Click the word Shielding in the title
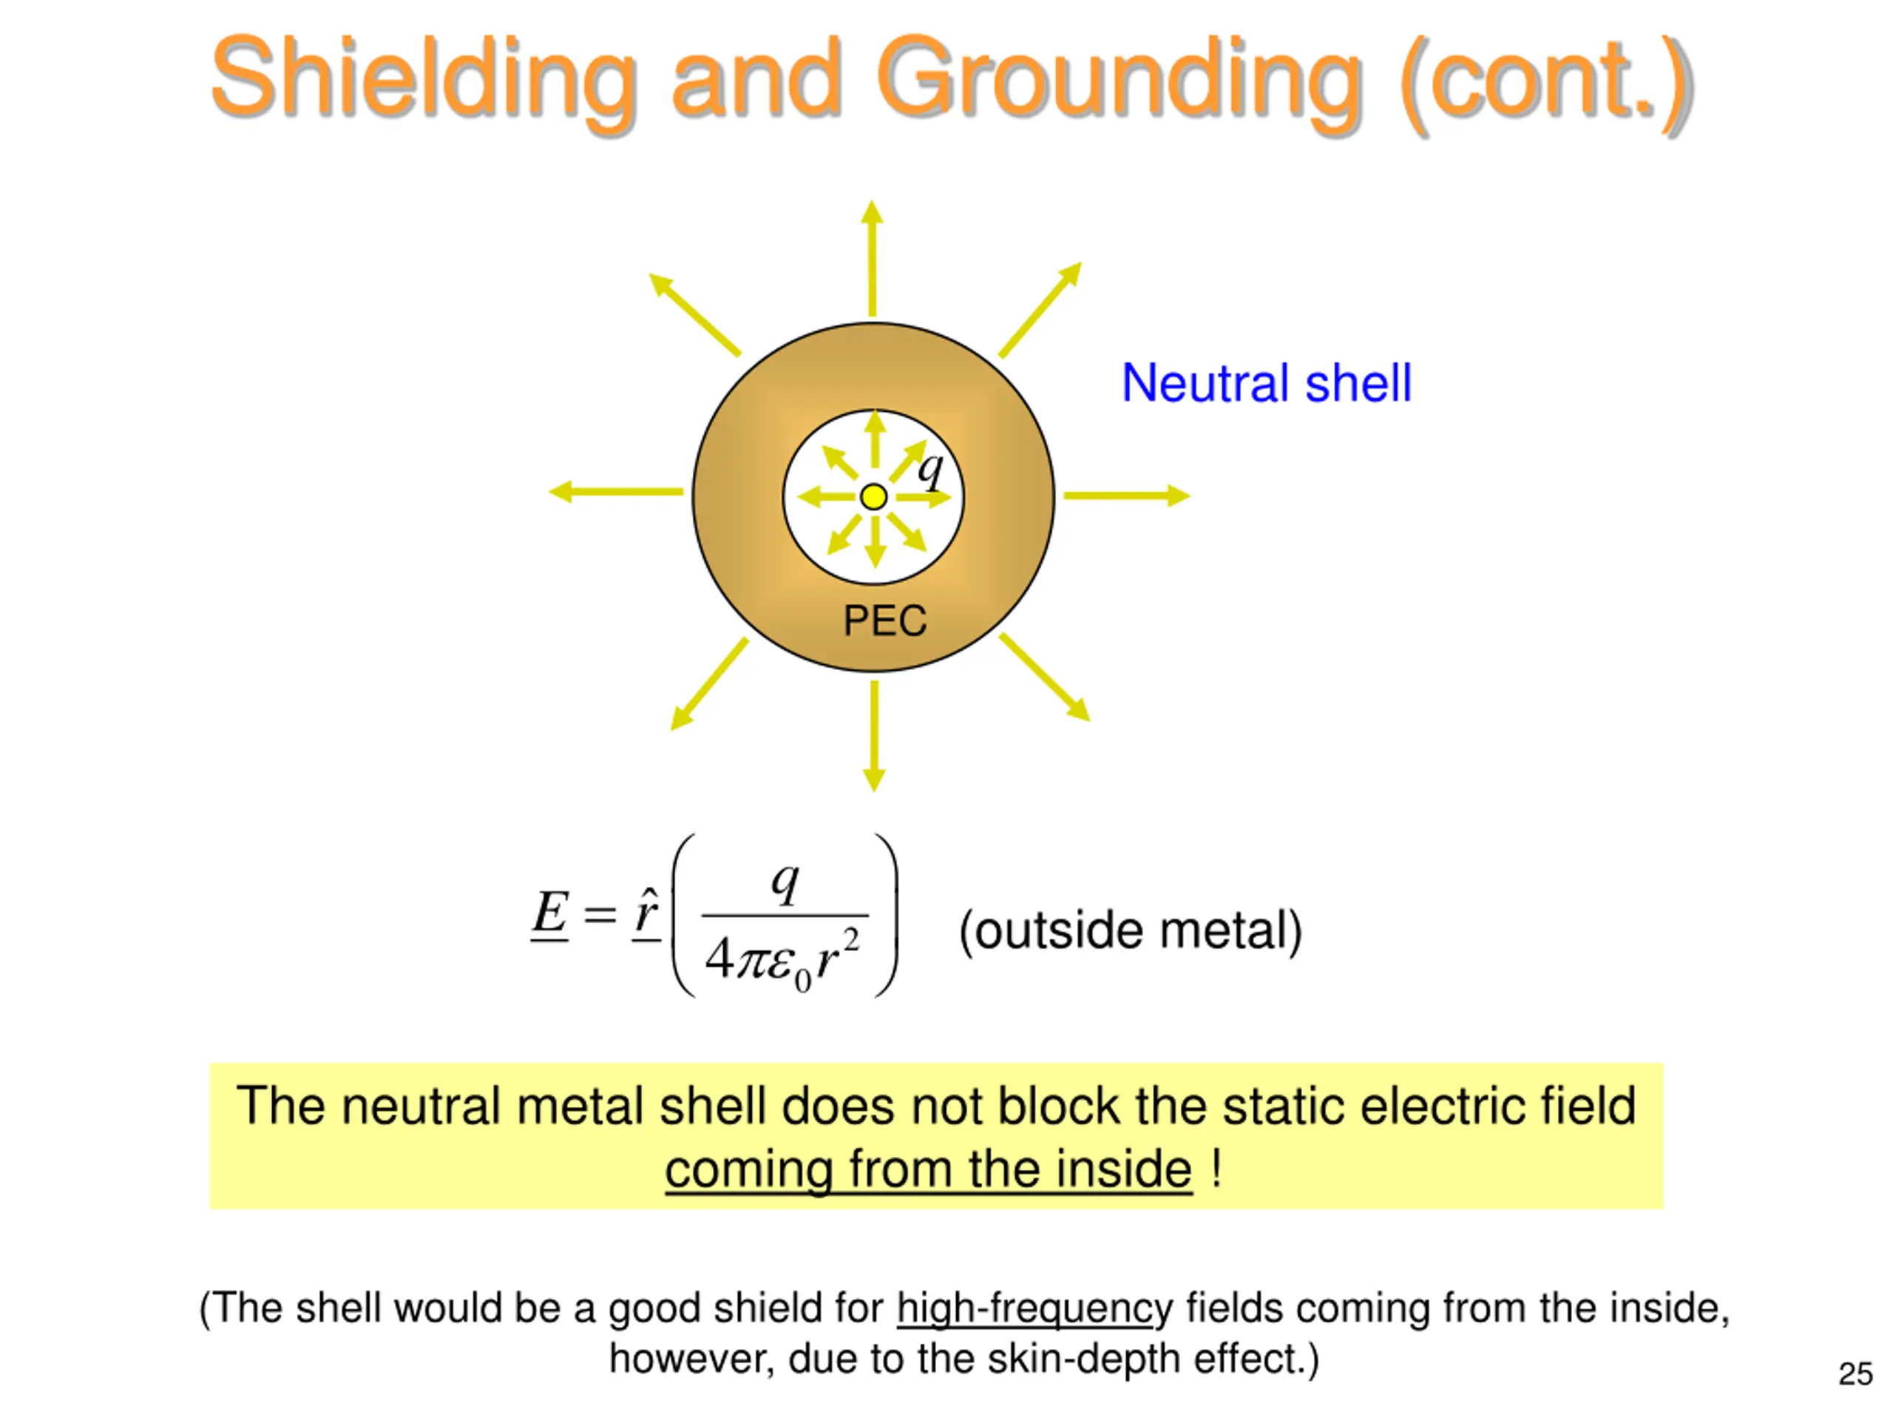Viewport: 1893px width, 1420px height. pos(424,78)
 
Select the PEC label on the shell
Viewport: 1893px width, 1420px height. pos(885,621)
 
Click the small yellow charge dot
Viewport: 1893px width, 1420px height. pos(874,496)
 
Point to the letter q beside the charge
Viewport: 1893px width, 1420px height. pos(930,468)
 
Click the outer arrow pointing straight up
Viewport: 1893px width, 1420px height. pos(872,257)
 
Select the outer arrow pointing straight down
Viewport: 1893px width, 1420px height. pos(874,736)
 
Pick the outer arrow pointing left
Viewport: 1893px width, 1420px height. pos(616,492)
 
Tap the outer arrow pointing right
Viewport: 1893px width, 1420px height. pos(1126,495)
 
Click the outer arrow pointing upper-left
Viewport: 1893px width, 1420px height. pos(694,314)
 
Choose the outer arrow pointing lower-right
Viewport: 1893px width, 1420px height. pos(1045,677)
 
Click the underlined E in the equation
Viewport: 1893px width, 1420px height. pos(550,913)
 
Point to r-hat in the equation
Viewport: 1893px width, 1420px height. pos(647,913)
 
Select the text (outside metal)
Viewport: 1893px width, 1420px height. pos(1131,930)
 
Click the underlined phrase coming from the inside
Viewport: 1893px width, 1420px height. pos(929,1169)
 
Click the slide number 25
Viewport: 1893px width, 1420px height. pos(1855,1374)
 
